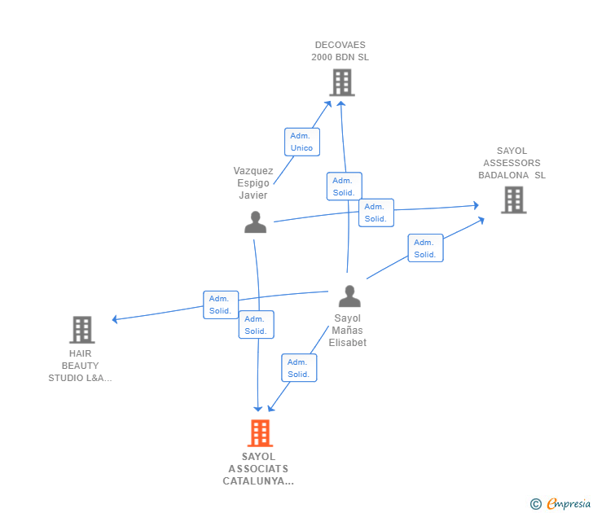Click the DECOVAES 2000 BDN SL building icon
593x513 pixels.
(x=342, y=82)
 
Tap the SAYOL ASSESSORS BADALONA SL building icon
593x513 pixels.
(x=513, y=199)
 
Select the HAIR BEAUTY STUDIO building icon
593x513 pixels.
(x=82, y=330)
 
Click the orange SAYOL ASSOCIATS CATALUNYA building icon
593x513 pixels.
(x=260, y=433)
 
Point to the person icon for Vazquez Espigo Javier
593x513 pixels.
(x=256, y=222)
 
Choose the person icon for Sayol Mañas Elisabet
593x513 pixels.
(x=349, y=296)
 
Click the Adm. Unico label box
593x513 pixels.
(x=301, y=142)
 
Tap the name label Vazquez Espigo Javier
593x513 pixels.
(x=253, y=183)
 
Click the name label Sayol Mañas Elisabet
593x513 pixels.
(x=348, y=331)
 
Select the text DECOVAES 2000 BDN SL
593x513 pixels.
(x=340, y=51)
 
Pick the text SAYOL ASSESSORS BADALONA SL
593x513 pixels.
(x=512, y=163)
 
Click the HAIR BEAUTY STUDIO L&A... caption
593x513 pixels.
(x=80, y=366)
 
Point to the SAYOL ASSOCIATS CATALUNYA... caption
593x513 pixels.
(x=258, y=469)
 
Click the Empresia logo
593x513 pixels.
(x=569, y=504)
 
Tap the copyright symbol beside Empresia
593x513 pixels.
(x=536, y=504)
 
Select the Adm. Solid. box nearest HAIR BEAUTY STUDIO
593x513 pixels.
(x=221, y=305)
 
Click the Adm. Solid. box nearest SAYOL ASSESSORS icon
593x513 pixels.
(x=425, y=248)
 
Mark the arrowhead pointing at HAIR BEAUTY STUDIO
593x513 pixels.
(x=116, y=319)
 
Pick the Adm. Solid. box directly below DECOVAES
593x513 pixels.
(x=344, y=186)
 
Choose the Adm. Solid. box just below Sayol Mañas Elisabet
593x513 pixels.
(x=299, y=368)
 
